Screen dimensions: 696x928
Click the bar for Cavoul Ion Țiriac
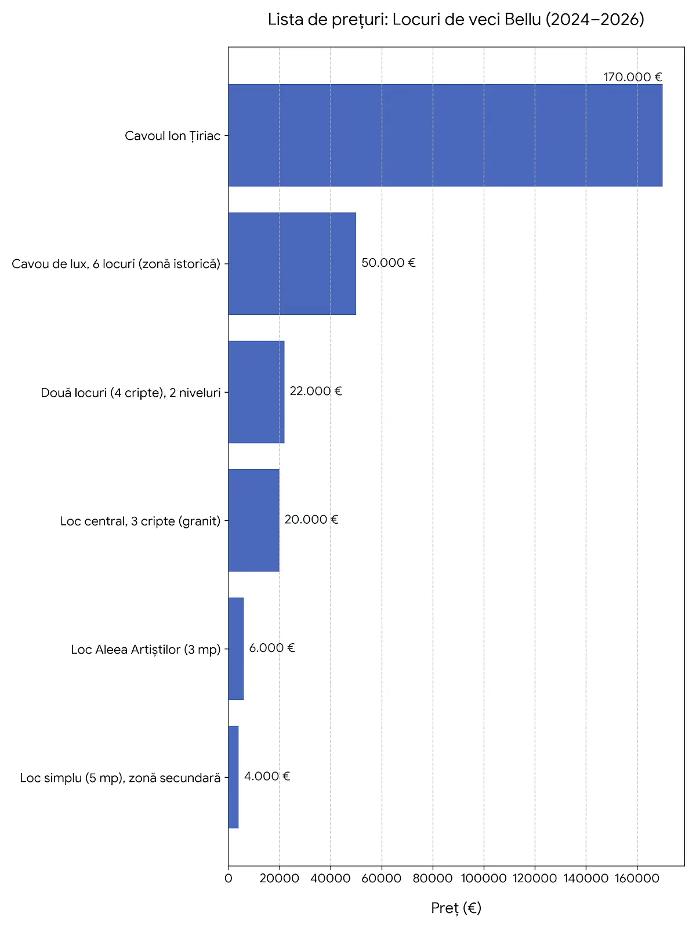pos(445,135)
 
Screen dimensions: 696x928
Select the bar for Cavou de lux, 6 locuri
pos(292,263)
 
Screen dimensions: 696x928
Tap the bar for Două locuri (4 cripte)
pos(256,392)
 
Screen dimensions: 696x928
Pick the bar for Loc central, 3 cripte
pos(254,520)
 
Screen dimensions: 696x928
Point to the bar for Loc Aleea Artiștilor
pos(236,648)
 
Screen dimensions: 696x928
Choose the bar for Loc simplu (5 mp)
pos(234,777)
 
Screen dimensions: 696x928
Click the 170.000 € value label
pos(633,77)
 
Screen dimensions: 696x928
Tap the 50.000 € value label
pos(389,263)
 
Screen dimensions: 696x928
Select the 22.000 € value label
pos(316,391)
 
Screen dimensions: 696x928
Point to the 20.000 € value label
pos(311,519)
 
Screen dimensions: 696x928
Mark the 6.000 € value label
pos(271,648)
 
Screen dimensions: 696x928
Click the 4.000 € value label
pos(267,776)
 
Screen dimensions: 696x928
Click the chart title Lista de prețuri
pos(456,20)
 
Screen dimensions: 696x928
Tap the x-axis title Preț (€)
pos(456,908)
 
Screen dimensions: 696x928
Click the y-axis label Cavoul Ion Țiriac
pos(172,136)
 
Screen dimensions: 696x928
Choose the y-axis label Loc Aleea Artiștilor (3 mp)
pos(146,650)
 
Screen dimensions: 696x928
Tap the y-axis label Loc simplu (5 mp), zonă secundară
pos(121,778)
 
